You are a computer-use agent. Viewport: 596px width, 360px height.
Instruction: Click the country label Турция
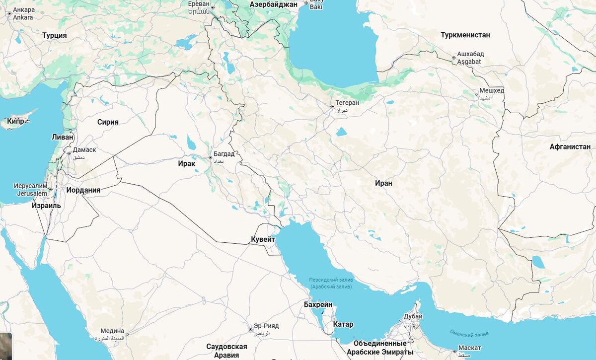pos(55,35)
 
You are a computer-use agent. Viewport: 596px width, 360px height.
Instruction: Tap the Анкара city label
pos(24,10)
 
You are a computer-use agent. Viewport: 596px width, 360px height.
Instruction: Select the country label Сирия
pos(108,122)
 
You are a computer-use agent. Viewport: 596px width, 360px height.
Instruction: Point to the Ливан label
pos(63,137)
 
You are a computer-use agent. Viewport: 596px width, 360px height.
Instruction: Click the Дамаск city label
pos(84,149)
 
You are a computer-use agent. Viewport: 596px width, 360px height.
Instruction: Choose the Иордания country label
pos(83,190)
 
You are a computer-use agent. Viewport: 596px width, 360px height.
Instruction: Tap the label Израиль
pos(46,206)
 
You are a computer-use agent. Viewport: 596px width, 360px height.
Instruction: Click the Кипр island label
pos(16,121)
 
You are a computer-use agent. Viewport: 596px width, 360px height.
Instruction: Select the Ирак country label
pos(187,163)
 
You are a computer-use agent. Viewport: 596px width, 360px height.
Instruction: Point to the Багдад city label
pos(224,154)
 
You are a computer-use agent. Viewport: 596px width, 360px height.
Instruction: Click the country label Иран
pos(383,183)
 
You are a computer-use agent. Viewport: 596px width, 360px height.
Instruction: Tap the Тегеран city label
pos(347,103)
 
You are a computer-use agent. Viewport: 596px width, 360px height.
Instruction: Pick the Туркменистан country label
pos(465,35)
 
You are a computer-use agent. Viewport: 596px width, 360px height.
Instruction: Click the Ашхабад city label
pos(470,54)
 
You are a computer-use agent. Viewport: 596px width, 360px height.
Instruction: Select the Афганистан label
pos(570,146)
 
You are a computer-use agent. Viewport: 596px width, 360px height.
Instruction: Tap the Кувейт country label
pos(263,240)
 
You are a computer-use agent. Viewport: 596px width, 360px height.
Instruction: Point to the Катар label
pos(343,325)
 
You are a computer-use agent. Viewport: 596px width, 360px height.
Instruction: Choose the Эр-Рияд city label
pos(266,326)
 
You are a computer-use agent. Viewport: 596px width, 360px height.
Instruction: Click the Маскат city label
pos(469,348)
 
